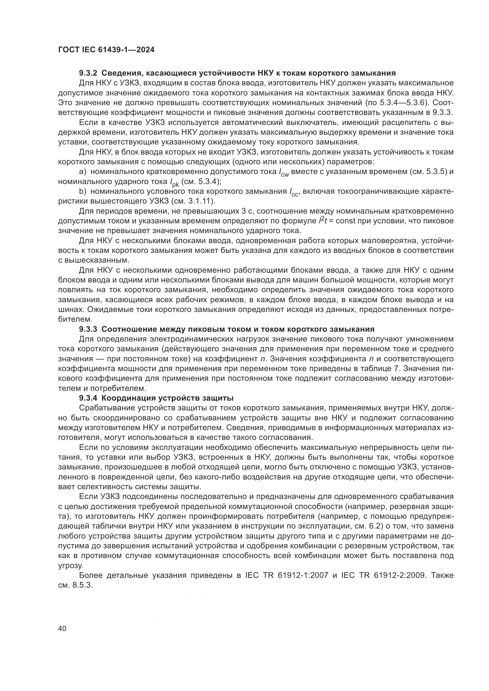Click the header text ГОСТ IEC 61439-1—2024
(106, 50)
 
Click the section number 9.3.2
(88, 73)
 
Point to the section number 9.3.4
(88, 398)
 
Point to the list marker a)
(82, 172)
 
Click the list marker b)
(82, 191)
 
